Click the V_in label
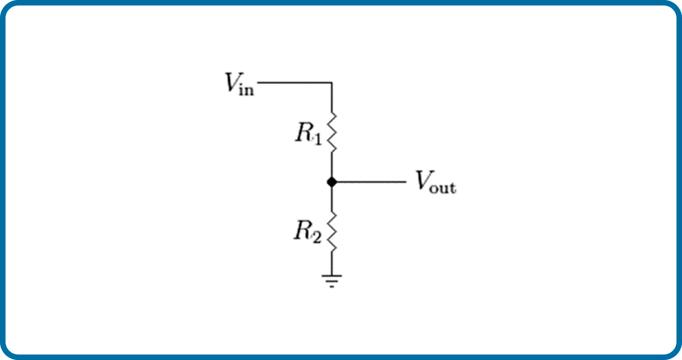(x=239, y=84)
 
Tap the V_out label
(x=436, y=182)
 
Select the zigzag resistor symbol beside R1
(x=332, y=132)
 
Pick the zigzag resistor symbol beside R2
(x=332, y=232)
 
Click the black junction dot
(x=332, y=182)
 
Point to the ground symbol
(x=332, y=281)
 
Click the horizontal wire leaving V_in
(x=295, y=82)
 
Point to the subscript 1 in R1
(x=317, y=139)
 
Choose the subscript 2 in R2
(x=316, y=237)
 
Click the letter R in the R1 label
(x=304, y=133)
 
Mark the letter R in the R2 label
(x=303, y=231)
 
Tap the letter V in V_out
(x=422, y=181)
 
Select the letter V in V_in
(x=231, y=82)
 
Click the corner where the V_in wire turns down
(x=332, y=82)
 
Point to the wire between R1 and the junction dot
(x=332, y=165)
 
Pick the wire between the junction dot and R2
(x=332, y=199)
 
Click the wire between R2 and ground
(x=332, y=263)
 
